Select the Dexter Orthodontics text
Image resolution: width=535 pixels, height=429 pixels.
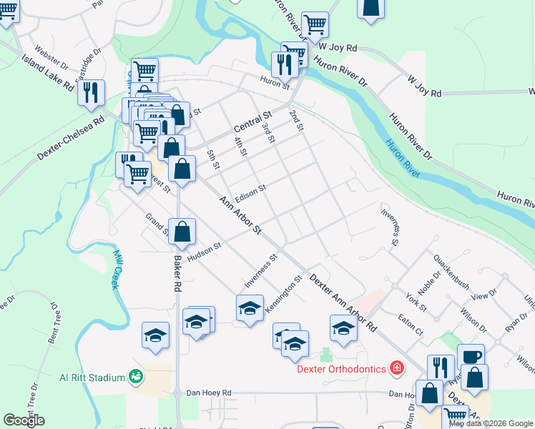click(x=343, y=369)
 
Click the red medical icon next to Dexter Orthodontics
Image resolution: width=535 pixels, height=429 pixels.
click(x=397, y=369)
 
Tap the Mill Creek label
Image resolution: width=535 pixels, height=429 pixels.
click(x=117, y=269)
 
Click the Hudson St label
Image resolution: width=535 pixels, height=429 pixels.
click(x=205, y=250)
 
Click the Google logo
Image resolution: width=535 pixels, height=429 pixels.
click(x=24, y=420)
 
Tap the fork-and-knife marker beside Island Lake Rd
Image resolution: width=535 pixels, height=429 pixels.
click(x=92, y=93)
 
